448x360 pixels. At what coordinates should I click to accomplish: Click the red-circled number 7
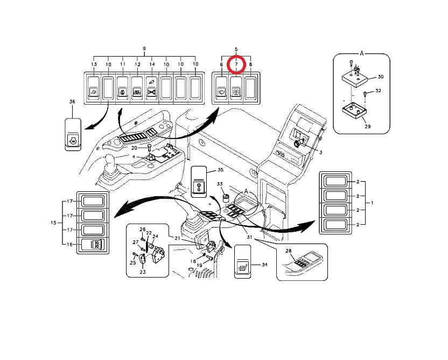(x=236, y=65)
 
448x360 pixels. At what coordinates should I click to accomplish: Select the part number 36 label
(x=72, y=101)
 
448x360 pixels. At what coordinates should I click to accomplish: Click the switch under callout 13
(x=93, y=86)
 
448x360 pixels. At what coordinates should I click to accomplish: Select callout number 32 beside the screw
(x=379, y=91)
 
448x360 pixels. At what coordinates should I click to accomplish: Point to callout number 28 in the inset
(x=289, y=252)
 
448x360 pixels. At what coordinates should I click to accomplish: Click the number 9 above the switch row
(x=144, y=49)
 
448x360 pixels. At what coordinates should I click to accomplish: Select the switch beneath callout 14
(x=151, y=86)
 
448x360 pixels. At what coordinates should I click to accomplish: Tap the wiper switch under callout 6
(x=221, y=86)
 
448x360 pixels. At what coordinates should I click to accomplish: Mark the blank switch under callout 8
(x=250, y=86)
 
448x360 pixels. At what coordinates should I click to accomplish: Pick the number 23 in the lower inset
(x=143, y=272)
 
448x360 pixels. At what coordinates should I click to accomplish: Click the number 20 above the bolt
(x=135, y=147)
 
